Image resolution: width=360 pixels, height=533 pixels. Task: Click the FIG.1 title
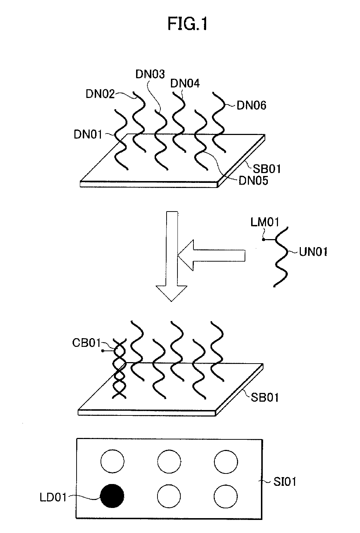click(x=187, y=25)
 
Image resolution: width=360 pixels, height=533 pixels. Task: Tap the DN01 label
click(x=88, y=135)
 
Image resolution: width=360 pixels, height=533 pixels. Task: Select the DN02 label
click(x=100, y=94)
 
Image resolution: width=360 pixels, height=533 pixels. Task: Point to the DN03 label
click(x=150, y=74)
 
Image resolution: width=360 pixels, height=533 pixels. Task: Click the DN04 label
click(x=185, y=84)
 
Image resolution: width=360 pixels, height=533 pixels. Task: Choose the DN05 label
click(x=253, y=181)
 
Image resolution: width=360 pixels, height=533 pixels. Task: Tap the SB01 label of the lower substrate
click(x=265, y=397)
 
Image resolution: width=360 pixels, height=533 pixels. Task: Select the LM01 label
click(x=265, y=222)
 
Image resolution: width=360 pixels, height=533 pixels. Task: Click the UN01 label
click(x=313, y=251)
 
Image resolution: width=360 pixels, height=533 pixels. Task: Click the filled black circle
click(x=112, y=496)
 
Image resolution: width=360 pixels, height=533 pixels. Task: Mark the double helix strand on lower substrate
click(x=119, y=370)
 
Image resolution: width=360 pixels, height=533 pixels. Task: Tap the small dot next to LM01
click(x=264, y=239)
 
